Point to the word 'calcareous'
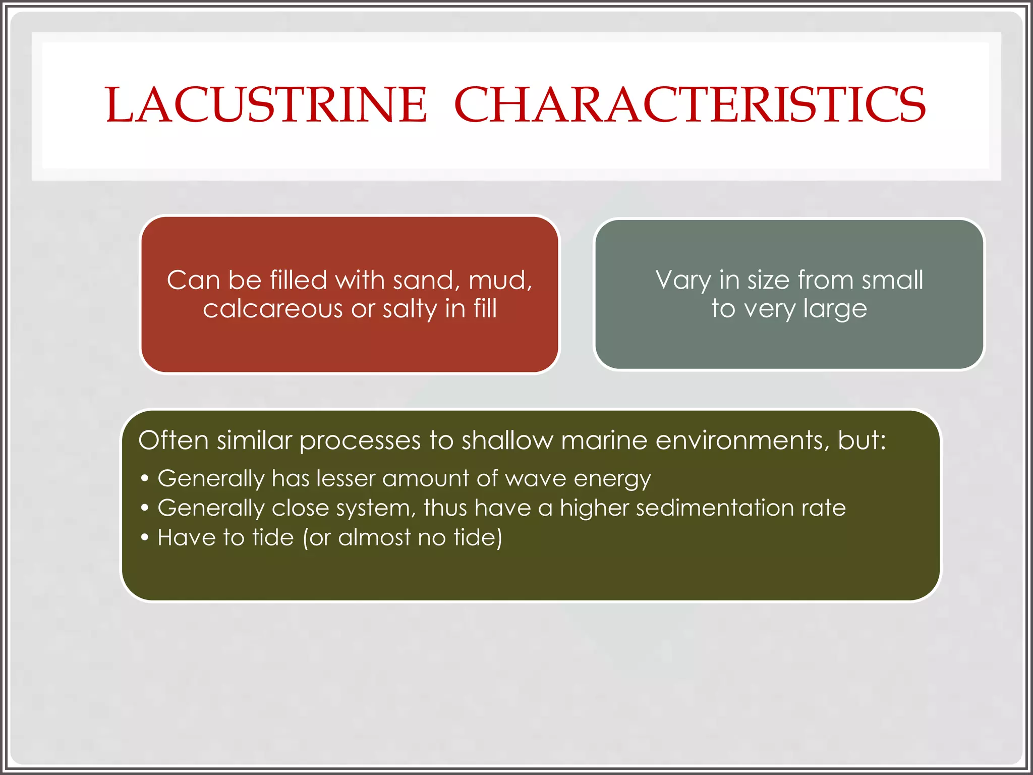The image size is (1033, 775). tap(272, 309)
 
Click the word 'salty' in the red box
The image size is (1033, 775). tap(410, 309)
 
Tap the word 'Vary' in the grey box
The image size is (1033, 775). tap(683, 281)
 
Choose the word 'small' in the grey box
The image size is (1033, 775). tap(892, 280)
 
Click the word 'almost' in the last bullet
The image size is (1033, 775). tap(374, 537)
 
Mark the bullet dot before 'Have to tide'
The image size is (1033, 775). tap(145, 537)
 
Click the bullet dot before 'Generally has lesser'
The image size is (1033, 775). tap(145, 478)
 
